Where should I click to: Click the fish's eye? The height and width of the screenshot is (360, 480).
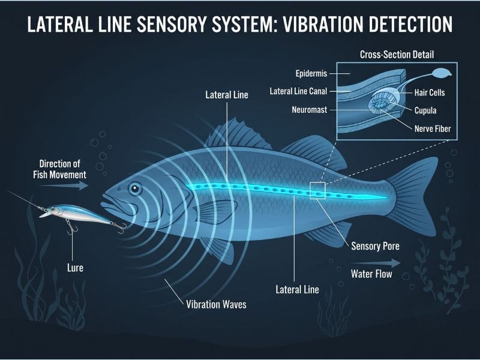point(135,188)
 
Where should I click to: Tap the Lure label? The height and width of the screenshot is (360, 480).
point(75,268)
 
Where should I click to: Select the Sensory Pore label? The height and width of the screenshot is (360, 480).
point(375,246)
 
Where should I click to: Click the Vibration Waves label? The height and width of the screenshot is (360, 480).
point(216,304)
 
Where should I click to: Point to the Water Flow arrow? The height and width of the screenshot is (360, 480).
point(376,263)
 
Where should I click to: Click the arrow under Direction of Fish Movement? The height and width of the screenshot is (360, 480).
point(64,185)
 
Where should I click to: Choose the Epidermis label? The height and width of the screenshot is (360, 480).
point(311,73)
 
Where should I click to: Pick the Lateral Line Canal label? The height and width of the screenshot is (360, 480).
point(298,91)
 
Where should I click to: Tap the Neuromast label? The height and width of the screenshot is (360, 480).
point(309,110)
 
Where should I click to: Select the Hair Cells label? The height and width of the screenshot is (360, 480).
point(430,92)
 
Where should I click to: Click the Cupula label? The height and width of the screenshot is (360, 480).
point(425,110)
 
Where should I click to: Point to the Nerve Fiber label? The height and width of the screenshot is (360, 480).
point(433,128)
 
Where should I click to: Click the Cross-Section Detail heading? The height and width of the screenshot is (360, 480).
point(397,55)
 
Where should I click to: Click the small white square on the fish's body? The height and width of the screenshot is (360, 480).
point(317,190)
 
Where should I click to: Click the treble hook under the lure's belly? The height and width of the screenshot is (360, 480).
point(71,227)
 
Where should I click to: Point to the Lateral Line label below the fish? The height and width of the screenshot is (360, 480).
point(297,289)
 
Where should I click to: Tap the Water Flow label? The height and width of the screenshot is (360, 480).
point(371,274)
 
